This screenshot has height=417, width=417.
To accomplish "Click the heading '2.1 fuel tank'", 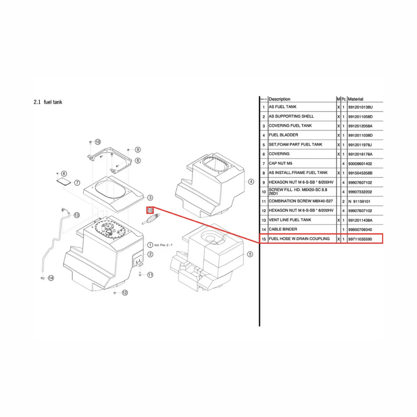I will click(x=48, y=102).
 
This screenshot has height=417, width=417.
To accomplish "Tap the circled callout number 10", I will click(x=98, y=142).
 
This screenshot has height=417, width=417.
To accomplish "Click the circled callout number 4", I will click(x=251, y=181).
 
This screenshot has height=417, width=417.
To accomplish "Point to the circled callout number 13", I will click(x=76, y=215).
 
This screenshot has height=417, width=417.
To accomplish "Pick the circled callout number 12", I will click(x=124, y=293).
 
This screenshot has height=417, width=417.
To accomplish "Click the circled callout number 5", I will click(x=250, y=254).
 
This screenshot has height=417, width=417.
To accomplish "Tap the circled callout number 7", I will click(x=77, y=183).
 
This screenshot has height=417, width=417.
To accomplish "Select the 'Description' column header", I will click(x=279, y=99).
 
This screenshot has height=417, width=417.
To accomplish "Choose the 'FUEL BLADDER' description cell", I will click(x=283, y=135).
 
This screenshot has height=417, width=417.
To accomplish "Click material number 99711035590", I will click(x=360, y=239).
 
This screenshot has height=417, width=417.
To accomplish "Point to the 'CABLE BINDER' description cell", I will click(x=283, y=229).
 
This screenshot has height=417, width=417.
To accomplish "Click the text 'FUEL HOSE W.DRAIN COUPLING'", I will click(x=299, y=239).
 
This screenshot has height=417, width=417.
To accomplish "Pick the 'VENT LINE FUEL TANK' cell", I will click(x=290, y=220).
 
